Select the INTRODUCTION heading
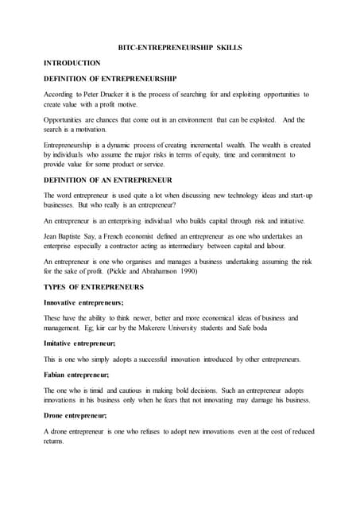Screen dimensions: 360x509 click(72, 63)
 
